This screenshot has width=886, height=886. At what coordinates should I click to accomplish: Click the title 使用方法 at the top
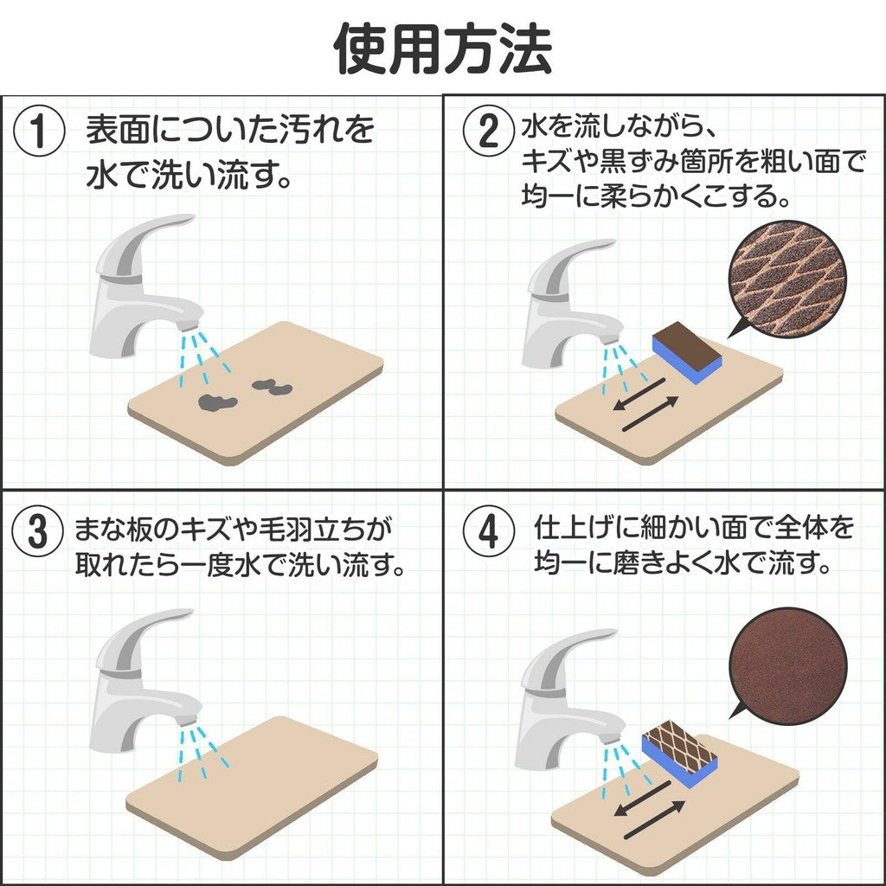443,49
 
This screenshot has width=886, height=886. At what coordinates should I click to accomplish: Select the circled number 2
488,133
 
